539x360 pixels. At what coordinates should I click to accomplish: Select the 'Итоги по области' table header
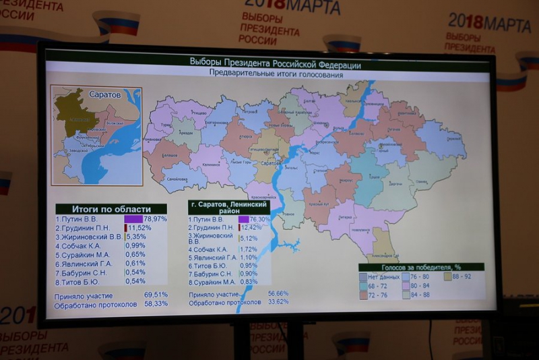coord(111,209)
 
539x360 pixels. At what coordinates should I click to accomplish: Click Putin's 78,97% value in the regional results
coord(156,219)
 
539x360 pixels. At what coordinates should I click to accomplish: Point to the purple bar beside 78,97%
coord(133,219)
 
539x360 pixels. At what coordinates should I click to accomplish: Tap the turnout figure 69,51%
coord(156,295)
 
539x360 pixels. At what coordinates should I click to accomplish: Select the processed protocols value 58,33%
coord(156,304)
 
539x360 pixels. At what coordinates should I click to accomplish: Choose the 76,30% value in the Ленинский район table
coord(260,219)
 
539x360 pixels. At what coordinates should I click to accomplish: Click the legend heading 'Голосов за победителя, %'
coord(421,267)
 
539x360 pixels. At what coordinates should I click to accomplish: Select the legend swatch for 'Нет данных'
coord(364,276)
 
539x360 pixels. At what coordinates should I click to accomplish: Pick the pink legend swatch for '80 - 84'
coord(406,285)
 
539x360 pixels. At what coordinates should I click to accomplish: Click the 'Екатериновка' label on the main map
coord(216,123)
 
